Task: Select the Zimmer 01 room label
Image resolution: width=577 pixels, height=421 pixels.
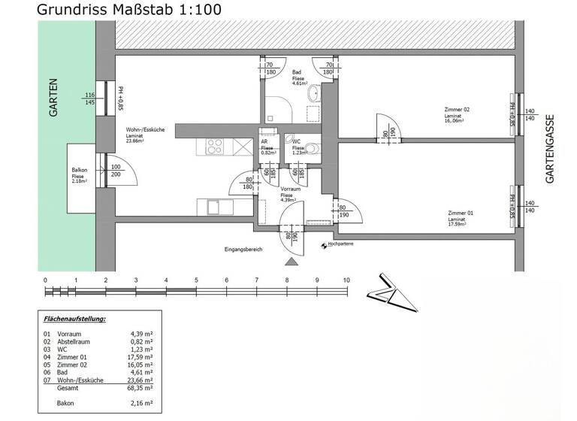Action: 456,214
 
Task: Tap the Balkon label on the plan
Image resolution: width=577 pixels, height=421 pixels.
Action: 79,170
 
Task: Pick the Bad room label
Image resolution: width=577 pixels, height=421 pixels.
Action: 297,73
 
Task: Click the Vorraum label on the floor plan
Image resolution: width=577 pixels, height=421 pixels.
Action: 291,189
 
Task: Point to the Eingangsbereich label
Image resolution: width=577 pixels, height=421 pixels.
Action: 243,249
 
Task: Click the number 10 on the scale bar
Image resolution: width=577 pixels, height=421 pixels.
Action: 346,280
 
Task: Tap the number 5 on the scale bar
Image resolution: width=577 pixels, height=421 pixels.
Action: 196,280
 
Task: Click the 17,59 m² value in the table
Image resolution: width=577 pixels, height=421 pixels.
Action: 142,356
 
